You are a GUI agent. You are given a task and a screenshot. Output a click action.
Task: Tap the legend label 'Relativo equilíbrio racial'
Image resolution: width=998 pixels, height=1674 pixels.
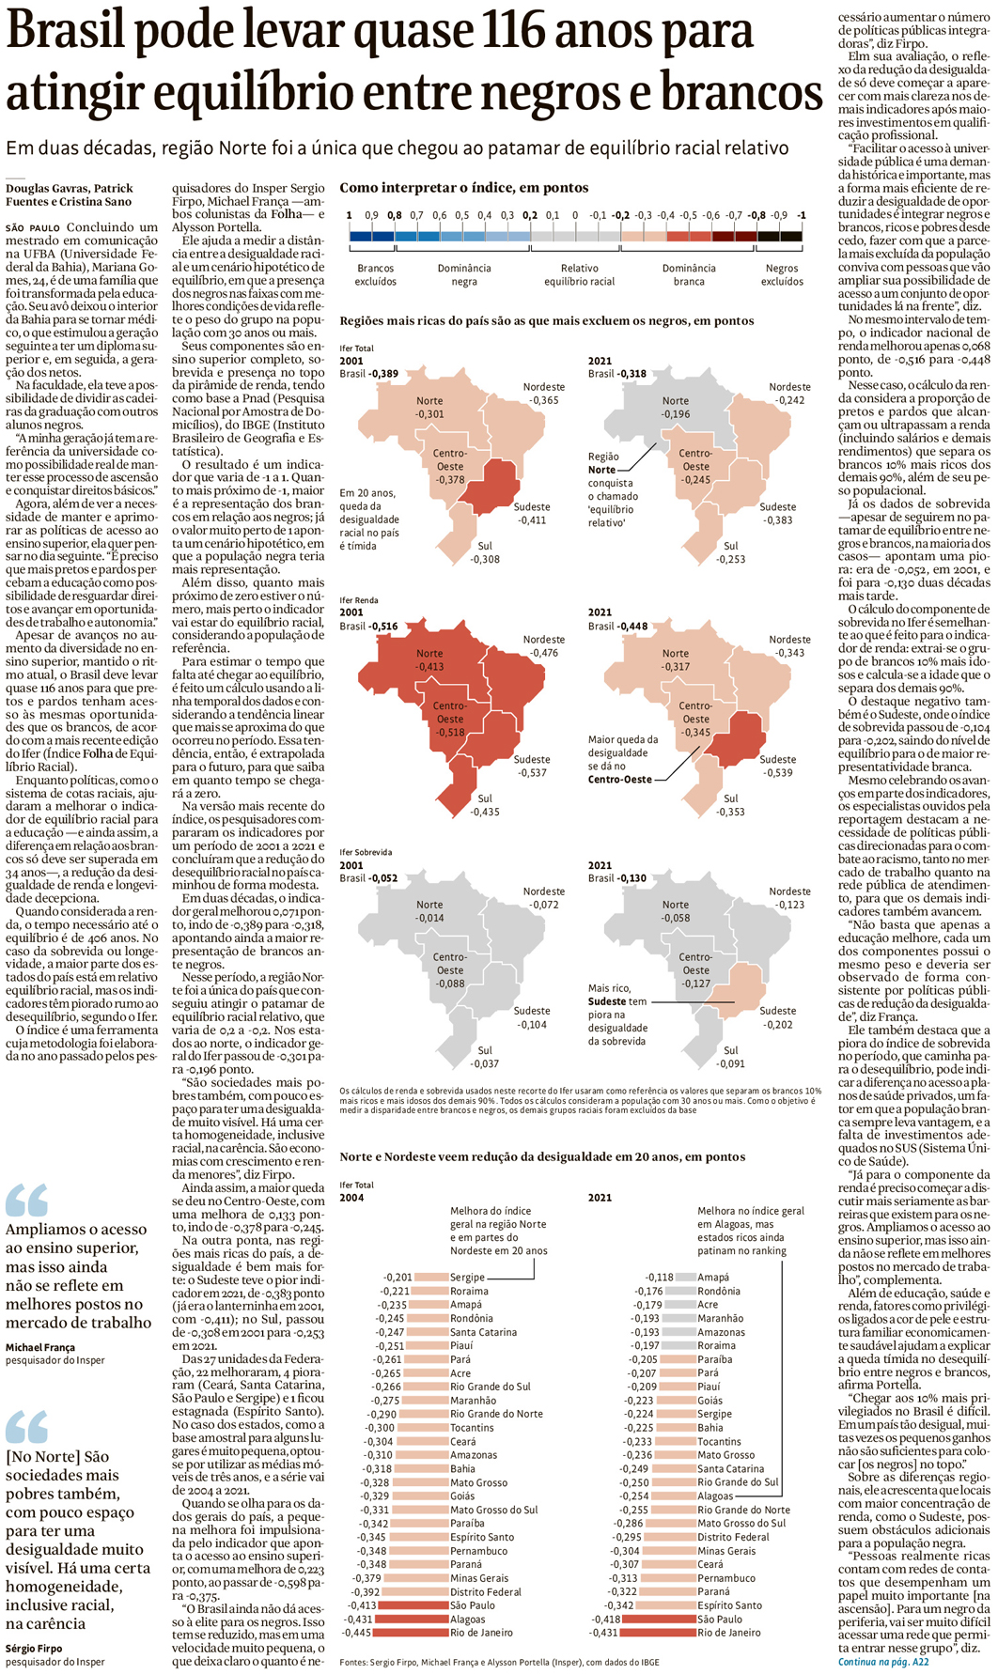tap(579, 274)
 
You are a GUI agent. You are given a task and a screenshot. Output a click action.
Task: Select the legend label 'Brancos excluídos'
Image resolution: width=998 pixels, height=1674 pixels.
tap(375, 274)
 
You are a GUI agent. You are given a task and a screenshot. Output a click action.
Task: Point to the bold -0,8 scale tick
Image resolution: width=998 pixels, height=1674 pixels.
tap(756, 215)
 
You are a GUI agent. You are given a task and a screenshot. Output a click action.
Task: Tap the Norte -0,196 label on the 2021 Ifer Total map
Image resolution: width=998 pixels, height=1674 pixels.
tap(675, 407)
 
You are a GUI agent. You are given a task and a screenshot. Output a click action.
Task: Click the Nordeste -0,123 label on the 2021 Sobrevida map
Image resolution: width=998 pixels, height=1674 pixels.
tap(789, 898)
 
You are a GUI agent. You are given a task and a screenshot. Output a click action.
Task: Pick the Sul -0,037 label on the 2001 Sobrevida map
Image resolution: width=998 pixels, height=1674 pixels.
tap(484, 1057)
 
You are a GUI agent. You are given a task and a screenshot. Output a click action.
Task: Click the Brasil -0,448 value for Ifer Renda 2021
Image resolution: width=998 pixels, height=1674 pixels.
tap(617, 626)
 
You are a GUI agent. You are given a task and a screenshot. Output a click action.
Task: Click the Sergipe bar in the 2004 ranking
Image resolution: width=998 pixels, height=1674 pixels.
tap(430, 1278)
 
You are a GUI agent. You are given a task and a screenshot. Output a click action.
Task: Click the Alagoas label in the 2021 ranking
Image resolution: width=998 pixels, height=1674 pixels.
tap(715, 1496)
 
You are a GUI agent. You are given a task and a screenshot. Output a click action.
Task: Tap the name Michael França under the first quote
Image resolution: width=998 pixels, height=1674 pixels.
tap(40, 1347)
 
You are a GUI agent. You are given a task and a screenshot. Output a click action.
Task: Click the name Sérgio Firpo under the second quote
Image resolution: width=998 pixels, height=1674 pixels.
tap(34, 1648)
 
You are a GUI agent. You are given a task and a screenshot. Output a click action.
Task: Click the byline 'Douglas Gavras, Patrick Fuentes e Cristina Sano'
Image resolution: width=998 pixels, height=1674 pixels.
tap(70, 194)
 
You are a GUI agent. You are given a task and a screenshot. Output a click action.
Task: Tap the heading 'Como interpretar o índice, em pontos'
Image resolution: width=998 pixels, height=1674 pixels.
tap(464, 188)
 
